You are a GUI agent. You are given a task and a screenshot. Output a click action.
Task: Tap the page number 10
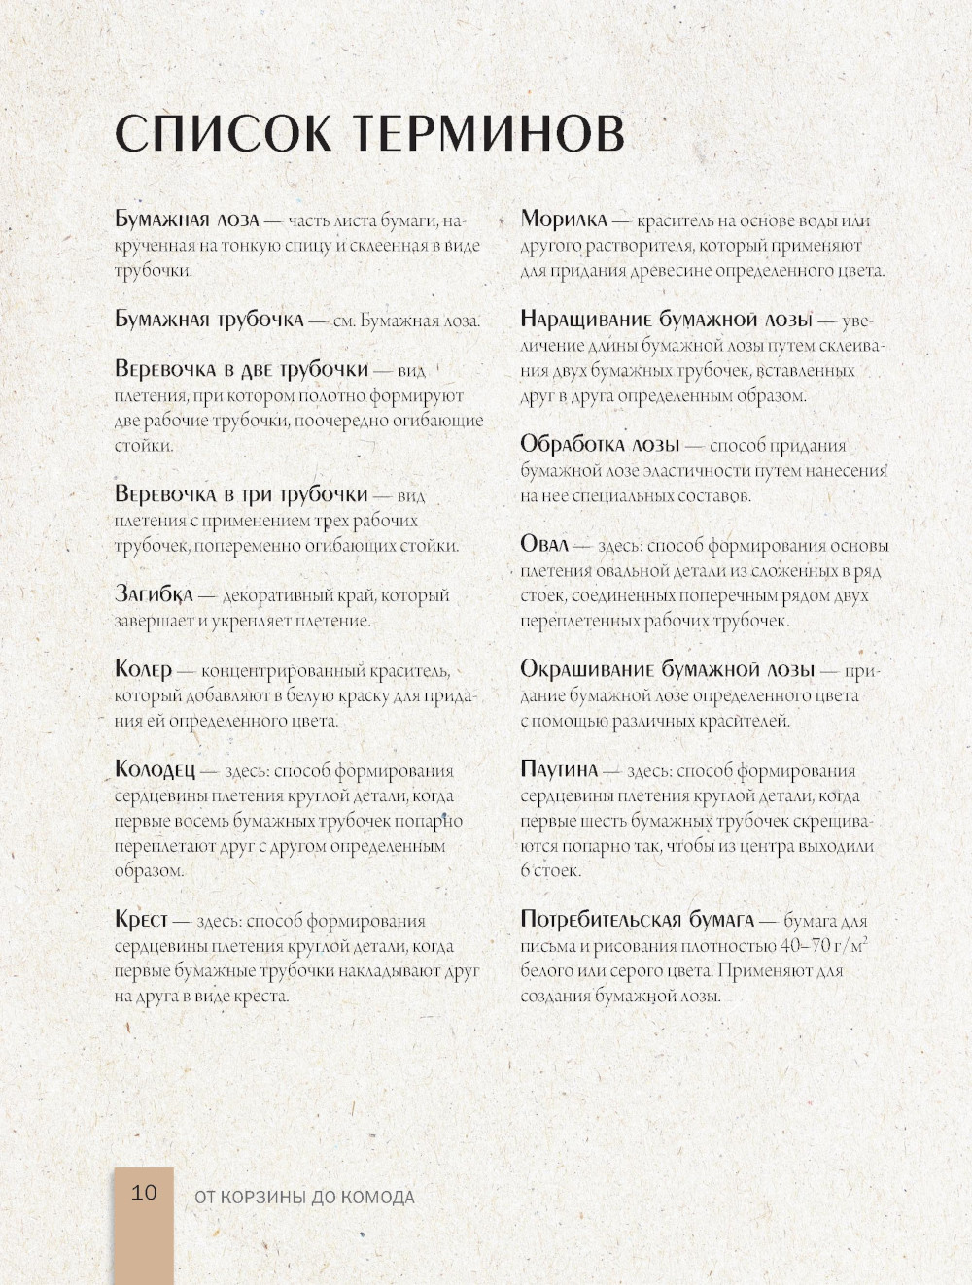[144, 1193]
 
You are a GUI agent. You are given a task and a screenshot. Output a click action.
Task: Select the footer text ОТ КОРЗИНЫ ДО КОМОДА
[304, 1198]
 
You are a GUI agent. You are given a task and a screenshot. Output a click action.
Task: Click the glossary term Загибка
[154, 593]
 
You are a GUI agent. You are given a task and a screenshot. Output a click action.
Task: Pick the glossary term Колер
[143, 669]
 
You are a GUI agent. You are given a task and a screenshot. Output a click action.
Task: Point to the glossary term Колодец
[156, 770]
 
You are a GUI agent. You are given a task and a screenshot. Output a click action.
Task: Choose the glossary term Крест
[141, 919]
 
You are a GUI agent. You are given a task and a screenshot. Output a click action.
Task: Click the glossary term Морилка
[563, 220]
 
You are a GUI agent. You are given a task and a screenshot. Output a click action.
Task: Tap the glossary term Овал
[543, 544]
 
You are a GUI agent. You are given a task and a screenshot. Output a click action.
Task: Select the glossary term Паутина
[558, 770]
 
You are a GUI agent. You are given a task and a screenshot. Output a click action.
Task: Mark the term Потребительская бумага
[637, 919]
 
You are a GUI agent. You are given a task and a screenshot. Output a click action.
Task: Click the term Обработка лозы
[599, 445]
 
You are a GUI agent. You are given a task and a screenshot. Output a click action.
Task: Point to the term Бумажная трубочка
[209, 320]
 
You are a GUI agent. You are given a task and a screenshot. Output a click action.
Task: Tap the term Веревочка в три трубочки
[241, 494]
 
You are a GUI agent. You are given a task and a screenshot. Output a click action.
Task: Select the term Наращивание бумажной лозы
[666, 320]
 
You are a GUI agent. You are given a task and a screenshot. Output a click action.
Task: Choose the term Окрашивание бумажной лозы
[667, 669]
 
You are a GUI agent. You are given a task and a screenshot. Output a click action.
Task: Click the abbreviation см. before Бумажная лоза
[344, 321]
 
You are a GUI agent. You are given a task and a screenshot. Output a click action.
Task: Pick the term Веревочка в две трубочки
[241, 369]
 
